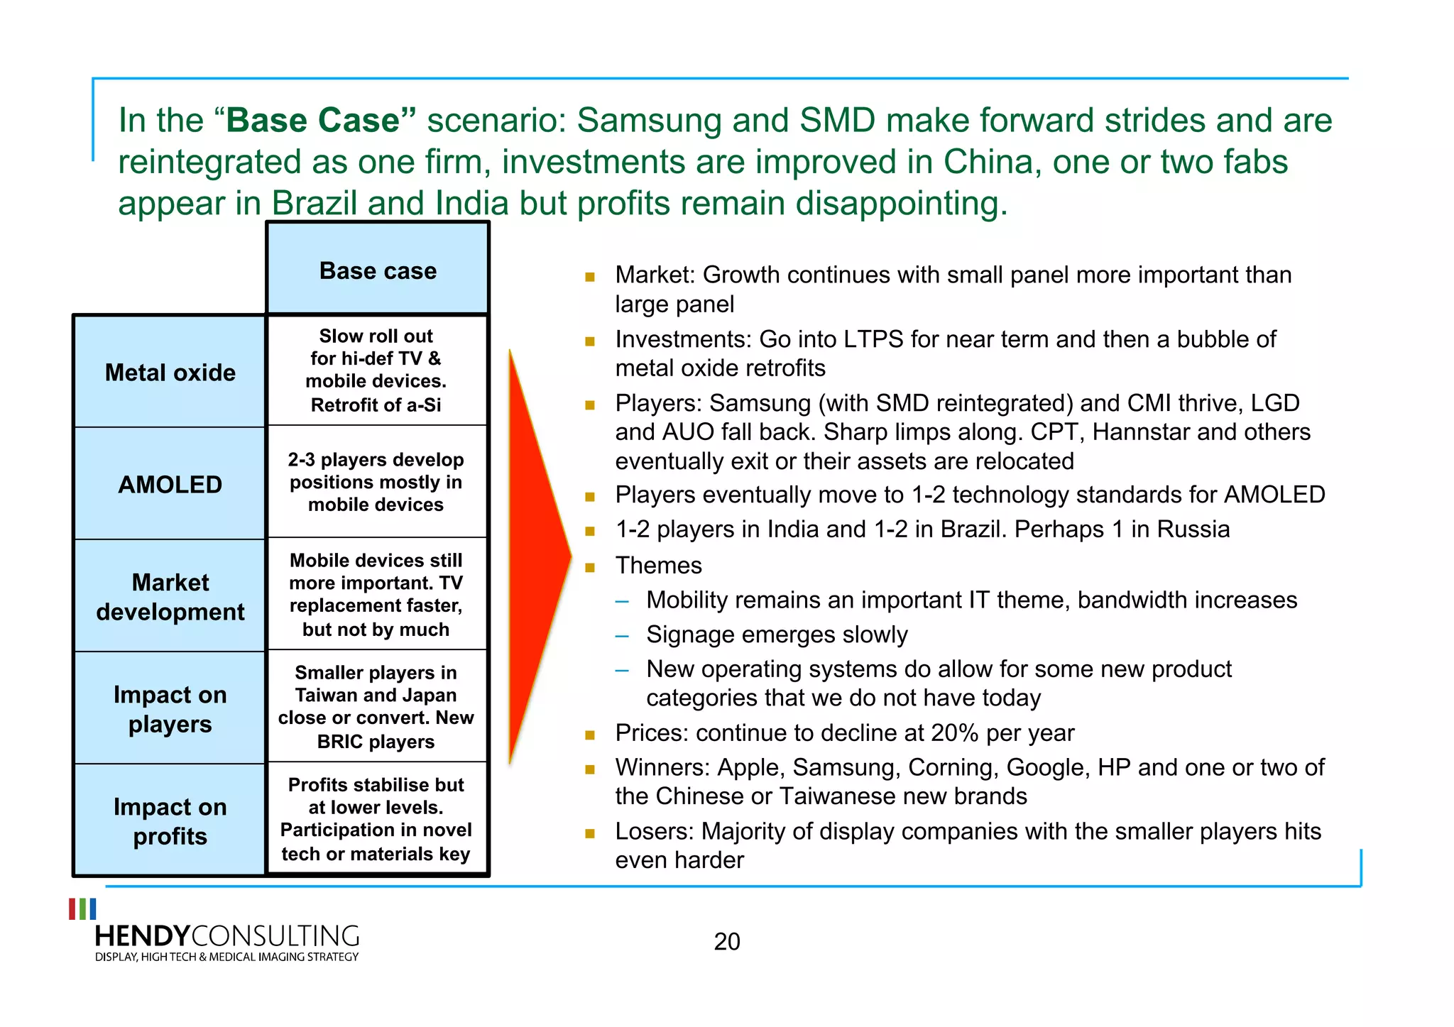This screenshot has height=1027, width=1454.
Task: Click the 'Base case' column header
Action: [378, 270]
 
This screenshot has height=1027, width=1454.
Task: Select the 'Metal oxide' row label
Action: [170, 373]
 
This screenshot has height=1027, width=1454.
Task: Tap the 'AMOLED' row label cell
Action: [170, 485]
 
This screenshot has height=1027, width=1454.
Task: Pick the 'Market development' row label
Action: [170, 597]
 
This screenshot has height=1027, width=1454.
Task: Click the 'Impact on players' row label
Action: [170, 709]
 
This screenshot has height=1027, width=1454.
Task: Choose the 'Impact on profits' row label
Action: [170, 821]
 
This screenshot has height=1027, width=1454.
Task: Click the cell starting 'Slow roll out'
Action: [376, 370]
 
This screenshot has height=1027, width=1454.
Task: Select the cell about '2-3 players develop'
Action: [376, 482]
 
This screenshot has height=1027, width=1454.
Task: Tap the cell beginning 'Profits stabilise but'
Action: [376, 818]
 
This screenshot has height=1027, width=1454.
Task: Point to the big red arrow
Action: [536, 557]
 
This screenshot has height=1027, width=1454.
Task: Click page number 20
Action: [727, 942]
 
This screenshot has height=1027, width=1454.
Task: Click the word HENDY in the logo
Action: [143, 936]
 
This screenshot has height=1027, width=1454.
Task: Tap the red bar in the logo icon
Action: [72, 909]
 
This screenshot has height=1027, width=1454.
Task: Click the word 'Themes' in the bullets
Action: [658, 566]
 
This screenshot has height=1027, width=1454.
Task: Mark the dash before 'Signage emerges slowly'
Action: [622, 636]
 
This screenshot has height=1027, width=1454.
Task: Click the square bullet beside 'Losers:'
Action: [590, 833]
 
